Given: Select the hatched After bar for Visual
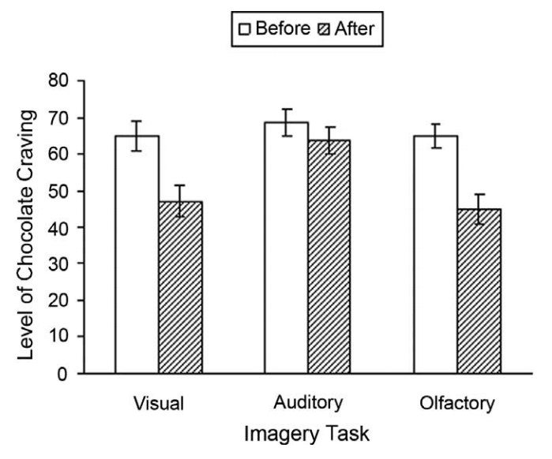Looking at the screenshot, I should pos(180,287).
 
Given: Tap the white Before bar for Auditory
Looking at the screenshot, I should pos(286,248).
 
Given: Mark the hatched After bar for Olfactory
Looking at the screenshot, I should pos(479,291).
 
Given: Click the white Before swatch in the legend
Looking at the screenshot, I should pos(245,30).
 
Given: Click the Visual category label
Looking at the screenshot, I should pos(159,404).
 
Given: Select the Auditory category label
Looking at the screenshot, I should pos(308,403).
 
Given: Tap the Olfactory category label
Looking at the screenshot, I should pos(457,404).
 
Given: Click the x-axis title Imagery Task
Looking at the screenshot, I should pos(308,434).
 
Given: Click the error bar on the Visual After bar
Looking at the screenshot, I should pos(180,201).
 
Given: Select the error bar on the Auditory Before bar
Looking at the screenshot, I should pos(286,122).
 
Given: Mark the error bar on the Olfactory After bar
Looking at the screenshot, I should pos(479,209).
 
